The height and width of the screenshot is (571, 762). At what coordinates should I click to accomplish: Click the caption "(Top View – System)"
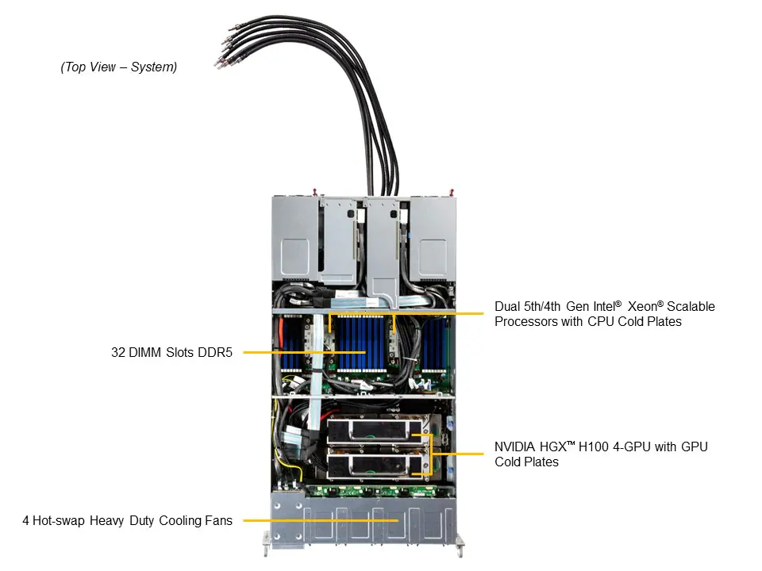(x=119, y=67)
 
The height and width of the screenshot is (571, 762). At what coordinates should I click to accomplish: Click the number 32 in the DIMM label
(x=118, y=352)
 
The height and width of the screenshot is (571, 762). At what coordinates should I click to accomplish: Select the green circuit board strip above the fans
(x=361, y=490)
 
